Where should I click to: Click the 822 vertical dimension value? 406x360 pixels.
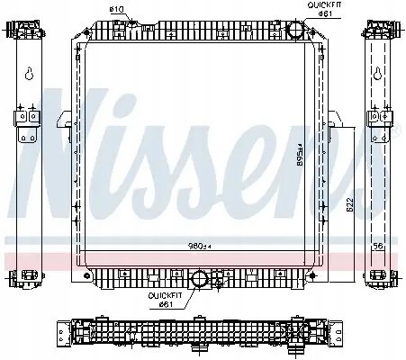coord(349,206)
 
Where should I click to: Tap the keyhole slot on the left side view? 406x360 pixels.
coord(30,76)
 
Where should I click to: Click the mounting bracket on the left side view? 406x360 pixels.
coord(24,121)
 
